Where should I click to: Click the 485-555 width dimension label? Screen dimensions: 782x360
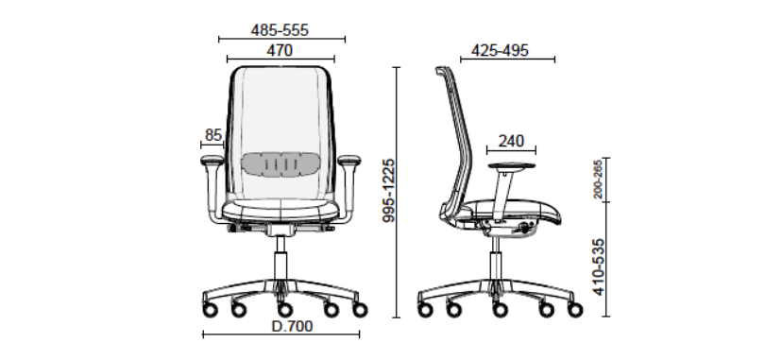click(x=280, y=30)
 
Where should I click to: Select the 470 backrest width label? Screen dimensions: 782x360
click(x=280, y=50)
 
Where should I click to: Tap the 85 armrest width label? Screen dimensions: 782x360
click(x=212, y=134)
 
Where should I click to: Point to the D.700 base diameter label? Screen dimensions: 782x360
click(x=292, y=326)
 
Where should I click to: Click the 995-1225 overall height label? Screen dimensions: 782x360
click(x=388, y=191)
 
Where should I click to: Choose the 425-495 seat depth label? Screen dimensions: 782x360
click(x=501, y=50)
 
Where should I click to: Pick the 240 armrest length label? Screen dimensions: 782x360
click(x=511, y=141)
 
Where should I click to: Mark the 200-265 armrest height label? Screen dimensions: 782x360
click(x=598, y=180)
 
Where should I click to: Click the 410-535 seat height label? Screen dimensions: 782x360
click(x=599, y=266)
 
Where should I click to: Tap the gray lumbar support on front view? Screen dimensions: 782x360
click(x=280, y=163)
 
